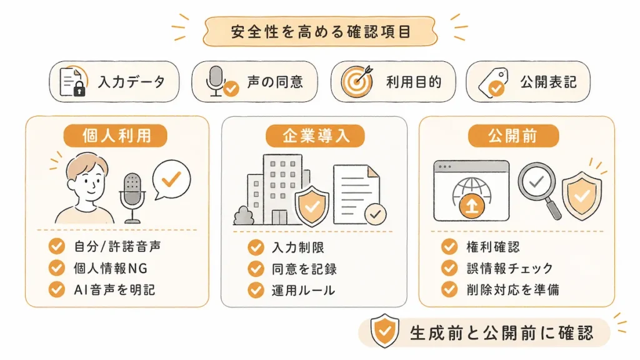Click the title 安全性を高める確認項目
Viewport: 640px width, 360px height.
pos(321,31)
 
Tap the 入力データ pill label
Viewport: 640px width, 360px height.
pos(131,82)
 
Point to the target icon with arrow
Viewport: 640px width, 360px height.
pos(357,81)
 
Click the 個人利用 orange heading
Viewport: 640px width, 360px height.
pos(116,136)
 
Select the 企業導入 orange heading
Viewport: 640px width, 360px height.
pos(315,136)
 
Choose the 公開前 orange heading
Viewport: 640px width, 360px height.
pos(513,136)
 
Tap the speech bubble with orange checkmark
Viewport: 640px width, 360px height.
pos(171,179)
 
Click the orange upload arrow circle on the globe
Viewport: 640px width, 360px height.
pos(471,205)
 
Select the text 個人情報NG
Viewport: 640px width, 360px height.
pos(110,268)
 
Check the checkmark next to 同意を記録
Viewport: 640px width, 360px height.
pos(256,269)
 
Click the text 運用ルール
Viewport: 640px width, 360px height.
pos(303,290)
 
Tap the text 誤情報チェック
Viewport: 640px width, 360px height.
pos(510,268)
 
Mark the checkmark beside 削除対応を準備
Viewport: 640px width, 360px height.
pos(449,289)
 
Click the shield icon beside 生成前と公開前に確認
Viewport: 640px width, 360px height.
pos(384,331)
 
